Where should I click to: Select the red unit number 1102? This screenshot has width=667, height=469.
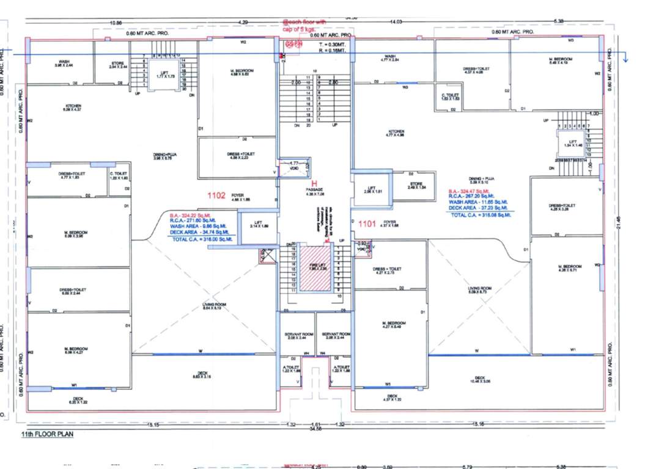pyautogui.click(x=216, y=195)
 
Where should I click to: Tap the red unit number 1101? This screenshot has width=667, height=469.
pyautogui.click(x=367, y=223)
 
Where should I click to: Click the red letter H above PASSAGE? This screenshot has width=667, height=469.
pyautogui.click(x=315, y=183)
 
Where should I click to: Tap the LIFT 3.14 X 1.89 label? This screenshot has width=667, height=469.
pyautogui.click(x=257, y=224)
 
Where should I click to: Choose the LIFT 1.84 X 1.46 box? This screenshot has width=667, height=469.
pyautogui.click(x=569, y=144)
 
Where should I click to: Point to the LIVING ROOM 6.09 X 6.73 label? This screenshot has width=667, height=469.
pyautogui.click(x=476, y=290)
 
